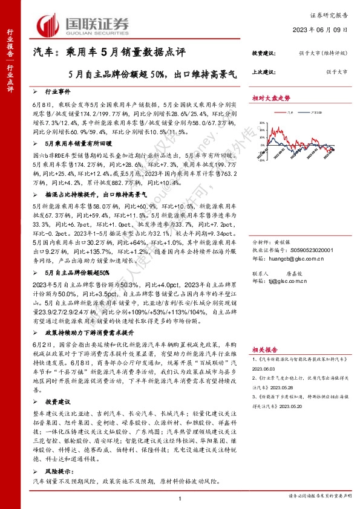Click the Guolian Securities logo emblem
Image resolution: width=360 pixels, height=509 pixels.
point(47,24)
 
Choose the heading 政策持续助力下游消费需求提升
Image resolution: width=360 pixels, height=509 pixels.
point(90,316)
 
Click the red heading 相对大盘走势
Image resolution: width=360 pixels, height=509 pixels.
point(272,97)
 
